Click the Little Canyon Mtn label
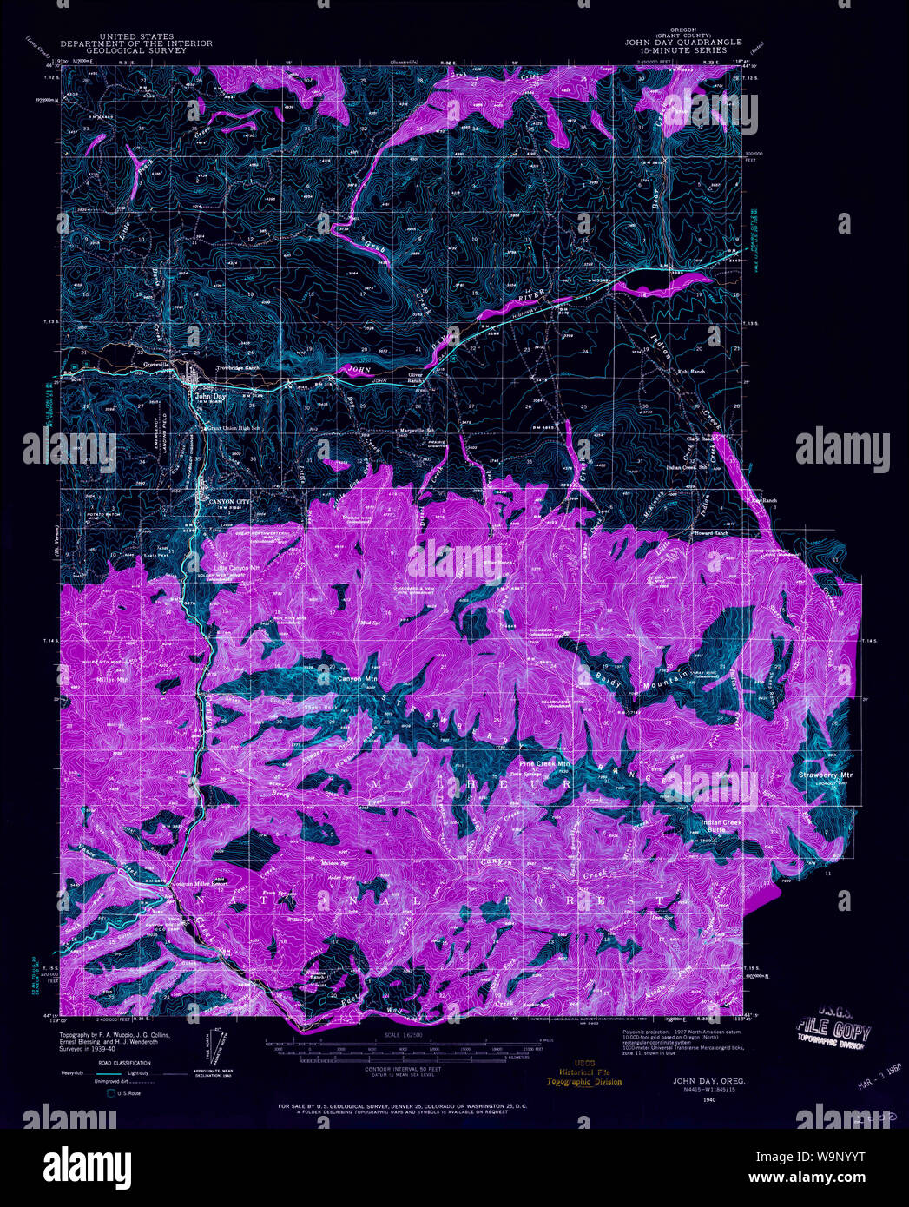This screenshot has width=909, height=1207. point(238,568)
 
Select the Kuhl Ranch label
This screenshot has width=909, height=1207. point(691,373)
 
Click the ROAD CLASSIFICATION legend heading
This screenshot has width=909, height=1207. point(124,1063)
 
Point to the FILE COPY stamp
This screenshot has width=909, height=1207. point(833,1034)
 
